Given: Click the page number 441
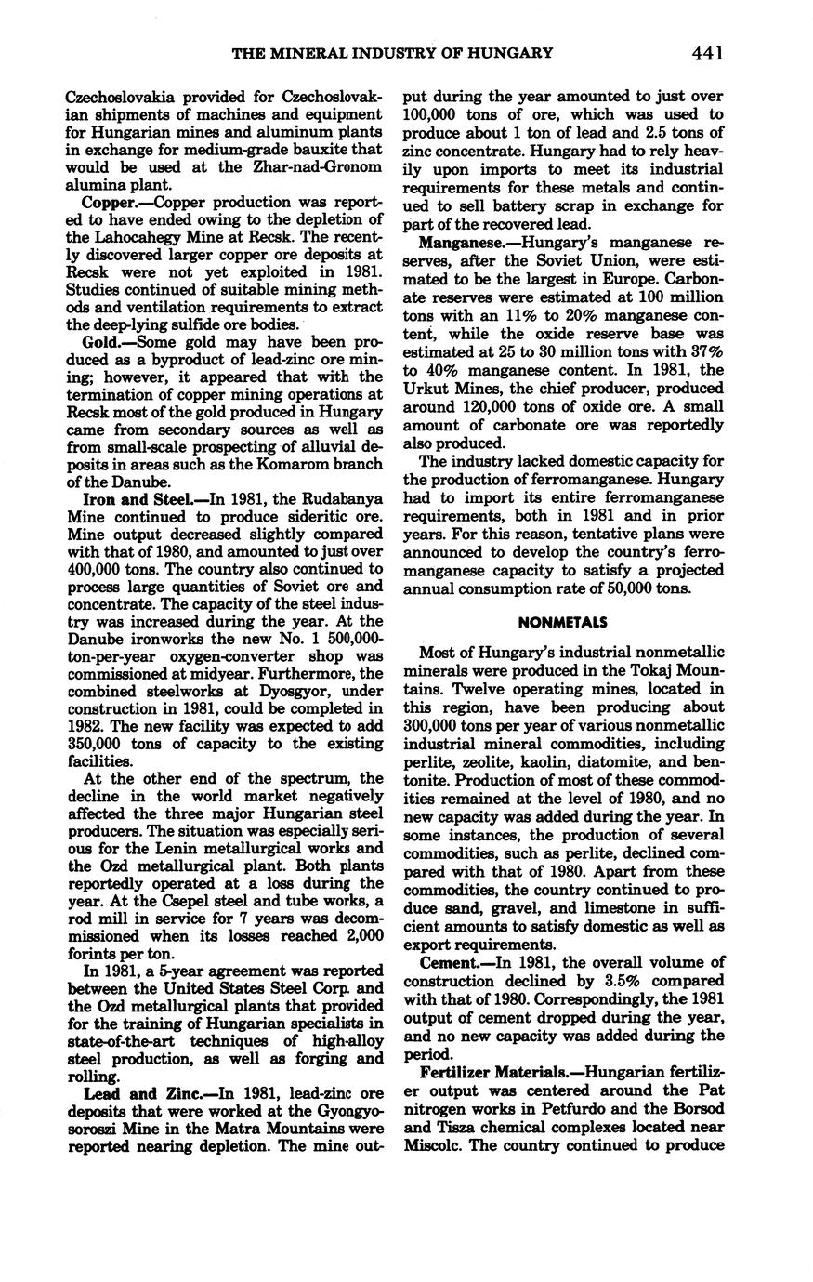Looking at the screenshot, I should click(x=707, y=53).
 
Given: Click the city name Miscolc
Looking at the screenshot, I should click(x=434, y=1144).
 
